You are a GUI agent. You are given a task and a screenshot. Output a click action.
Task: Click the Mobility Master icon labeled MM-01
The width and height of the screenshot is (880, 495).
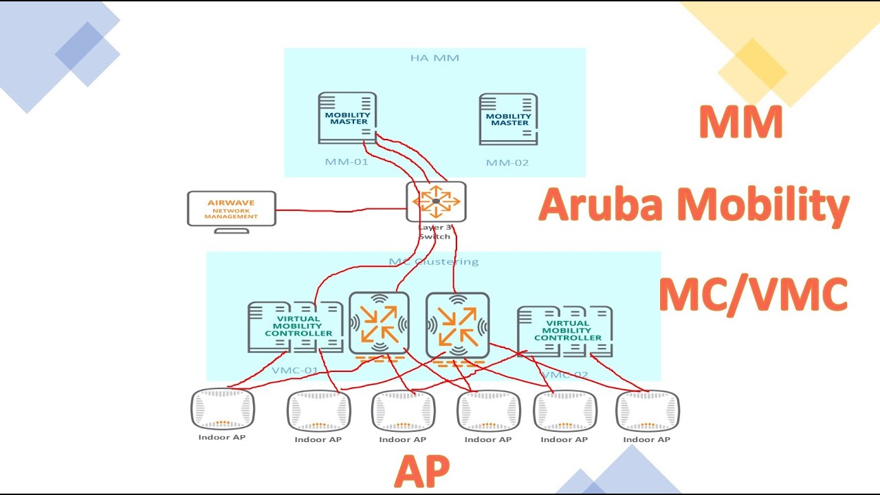point(347,118)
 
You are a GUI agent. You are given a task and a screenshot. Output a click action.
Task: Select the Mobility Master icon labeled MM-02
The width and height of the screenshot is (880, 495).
point(508,119)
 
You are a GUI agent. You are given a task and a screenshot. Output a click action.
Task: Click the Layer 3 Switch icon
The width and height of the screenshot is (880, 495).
point(436,201)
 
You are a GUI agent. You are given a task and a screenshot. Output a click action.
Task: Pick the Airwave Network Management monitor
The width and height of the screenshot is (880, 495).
point(232,209)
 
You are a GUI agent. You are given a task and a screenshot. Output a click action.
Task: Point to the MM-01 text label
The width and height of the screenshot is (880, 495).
point(346,162)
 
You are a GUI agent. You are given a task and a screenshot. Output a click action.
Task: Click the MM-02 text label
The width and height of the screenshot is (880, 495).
point(507,163)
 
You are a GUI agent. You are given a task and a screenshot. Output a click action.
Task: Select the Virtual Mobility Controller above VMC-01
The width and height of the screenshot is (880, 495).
point(294,327)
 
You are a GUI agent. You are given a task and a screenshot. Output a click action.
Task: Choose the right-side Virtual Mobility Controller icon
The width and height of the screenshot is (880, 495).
point(564,331)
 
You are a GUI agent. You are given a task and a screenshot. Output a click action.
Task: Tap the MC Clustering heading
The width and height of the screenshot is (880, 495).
point(434,261)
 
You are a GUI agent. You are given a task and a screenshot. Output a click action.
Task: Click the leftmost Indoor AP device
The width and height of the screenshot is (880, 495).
point(222,409)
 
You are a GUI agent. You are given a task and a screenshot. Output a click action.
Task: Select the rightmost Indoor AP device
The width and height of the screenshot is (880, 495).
point(648,410)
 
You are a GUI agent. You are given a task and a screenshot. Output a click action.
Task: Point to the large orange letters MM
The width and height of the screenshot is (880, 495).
point(740,122)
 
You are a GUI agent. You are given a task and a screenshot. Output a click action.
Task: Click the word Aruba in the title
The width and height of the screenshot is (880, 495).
point(595,206)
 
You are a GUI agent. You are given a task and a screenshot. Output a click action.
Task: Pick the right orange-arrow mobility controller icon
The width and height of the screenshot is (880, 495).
point(457,326)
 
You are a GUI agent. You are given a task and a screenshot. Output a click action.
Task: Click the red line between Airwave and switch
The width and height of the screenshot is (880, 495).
point(340,209)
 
